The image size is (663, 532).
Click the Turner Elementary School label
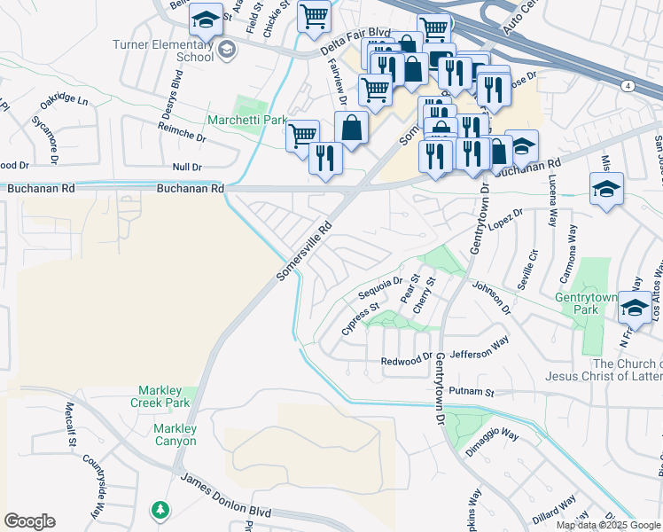163,51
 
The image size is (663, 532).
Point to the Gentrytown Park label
585,304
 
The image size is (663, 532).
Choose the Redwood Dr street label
406,361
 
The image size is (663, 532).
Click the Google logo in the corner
29,521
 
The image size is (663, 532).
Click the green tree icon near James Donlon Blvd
160,510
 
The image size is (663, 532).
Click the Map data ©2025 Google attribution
608,525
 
